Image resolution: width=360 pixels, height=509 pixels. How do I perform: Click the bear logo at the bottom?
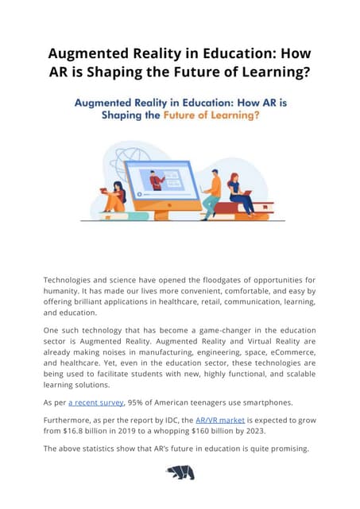[180, 472]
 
